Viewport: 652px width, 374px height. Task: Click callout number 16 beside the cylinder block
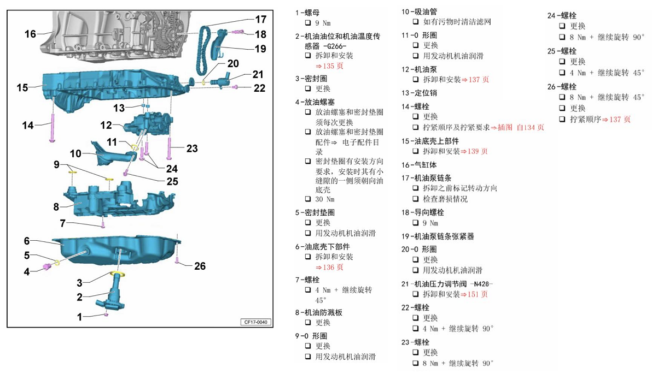point(30,34)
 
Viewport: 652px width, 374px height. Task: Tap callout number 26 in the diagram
point(200,266)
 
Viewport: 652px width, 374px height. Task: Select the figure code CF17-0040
point(255,322)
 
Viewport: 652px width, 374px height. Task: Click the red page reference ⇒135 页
point(329,66)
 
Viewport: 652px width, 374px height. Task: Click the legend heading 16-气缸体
point(419,164)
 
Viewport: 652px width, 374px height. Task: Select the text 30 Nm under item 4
point(324,199)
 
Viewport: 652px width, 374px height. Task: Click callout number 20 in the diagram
point(233,64)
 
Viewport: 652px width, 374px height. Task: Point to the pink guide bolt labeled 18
point(236,33)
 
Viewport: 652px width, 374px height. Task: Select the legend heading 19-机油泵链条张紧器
point(438,236)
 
